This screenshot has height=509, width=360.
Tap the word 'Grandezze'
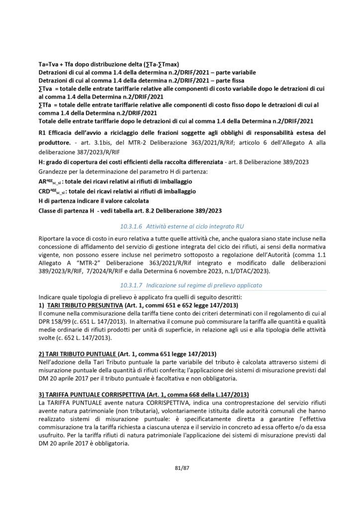click(x=52, y=171)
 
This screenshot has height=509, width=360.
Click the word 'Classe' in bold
click(x=49, y=210)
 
